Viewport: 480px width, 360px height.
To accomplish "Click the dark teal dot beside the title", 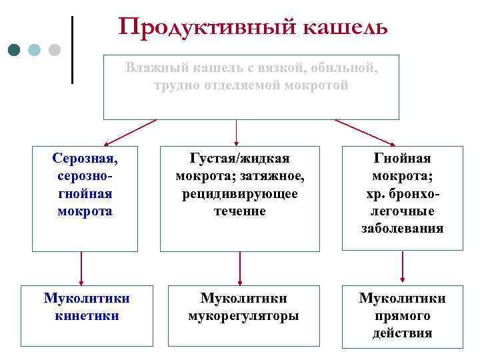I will [15, 50].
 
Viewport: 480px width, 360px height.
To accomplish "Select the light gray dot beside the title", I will [55, 50].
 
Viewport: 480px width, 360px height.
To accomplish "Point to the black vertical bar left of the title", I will [71, 50].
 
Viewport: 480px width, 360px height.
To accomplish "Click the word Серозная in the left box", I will [85, 159].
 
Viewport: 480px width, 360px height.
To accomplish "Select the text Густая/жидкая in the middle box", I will [239, 159].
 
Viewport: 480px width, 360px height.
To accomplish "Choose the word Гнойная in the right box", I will [402, 159].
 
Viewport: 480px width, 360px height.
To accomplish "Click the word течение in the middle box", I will [239, 211].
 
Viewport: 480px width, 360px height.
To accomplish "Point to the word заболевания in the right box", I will [402, 229].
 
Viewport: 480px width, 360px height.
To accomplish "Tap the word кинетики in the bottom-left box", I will [87, 315].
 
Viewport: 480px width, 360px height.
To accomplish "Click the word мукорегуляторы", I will [243, 315].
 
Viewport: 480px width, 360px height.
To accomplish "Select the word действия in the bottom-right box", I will [402, 333].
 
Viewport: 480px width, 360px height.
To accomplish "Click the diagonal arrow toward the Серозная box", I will [130, 133].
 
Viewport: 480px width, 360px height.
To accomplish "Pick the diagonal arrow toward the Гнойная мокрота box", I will [365, 133].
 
